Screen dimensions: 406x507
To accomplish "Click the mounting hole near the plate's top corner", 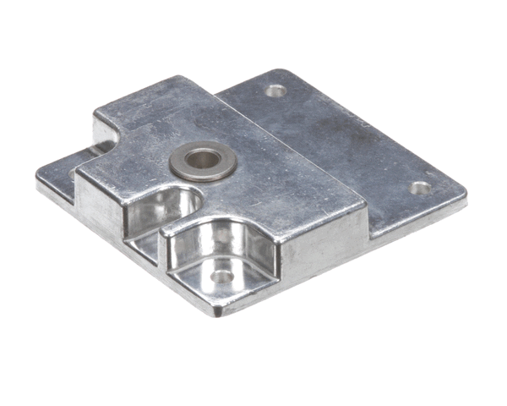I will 275,90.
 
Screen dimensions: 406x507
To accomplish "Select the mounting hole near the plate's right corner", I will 420,188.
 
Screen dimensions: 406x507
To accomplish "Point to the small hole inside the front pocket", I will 221,276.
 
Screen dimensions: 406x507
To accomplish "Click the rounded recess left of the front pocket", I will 169,207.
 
